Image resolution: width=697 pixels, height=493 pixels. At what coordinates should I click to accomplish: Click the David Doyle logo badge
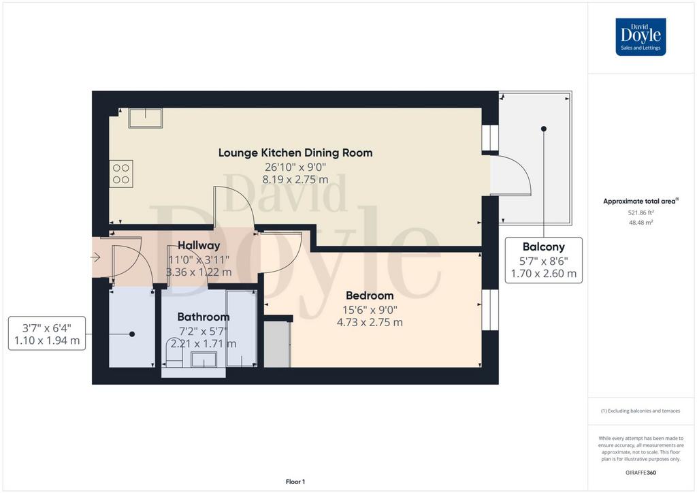pyautogui.click(x=641, y=37)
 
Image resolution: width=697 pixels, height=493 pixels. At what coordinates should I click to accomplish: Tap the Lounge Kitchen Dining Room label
pyautogui.click(x=295, y=153)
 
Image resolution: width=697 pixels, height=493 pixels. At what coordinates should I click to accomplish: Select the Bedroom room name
pyautogui.click(x=370, y=296)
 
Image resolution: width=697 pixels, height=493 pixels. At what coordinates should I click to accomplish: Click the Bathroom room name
pyautogui.click(x=203, y=317)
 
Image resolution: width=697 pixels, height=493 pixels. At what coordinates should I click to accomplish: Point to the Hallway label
pyautogui.click(x=199, y=245)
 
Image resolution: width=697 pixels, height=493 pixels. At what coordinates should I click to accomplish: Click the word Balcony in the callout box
pyautogui.click(x=544, y=246)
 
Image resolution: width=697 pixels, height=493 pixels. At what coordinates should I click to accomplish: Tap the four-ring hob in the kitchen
pyautogui.click(x=121, y=174)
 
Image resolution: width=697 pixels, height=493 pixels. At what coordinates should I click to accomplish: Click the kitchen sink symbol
pyautogui.click(x=146, y=118)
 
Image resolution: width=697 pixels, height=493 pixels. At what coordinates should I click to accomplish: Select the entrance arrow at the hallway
pyautogui.click(x=95, y=257)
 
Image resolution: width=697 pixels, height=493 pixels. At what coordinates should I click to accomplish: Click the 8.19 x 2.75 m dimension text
pyautogui.click(x=295, y=180)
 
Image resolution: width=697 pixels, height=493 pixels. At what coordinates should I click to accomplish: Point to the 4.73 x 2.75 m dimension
pyautogui.click(x=370, y=322)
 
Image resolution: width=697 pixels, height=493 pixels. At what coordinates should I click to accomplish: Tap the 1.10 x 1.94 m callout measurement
pyautogui.click(x=47, y=340)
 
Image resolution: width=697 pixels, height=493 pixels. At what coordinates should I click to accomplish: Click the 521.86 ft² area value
pyautogui.click(x=641, y=213)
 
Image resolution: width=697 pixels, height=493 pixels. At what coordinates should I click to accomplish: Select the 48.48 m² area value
pyautogui.click(x=641, y=222)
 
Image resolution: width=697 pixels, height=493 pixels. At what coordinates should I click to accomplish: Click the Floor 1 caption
pyautogui.click(x=295, y=481)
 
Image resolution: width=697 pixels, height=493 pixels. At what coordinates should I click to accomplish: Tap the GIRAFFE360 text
pyautogui.click(x=641, y=473)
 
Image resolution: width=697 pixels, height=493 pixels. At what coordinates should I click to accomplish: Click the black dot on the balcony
pyautogui.click(x=544, y=129)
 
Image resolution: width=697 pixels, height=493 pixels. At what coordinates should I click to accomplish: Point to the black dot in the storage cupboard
pyautogui.click(x=132, y=334)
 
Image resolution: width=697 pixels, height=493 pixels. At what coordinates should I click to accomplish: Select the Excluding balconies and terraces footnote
pyautogui.click(x=641, y=411)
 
